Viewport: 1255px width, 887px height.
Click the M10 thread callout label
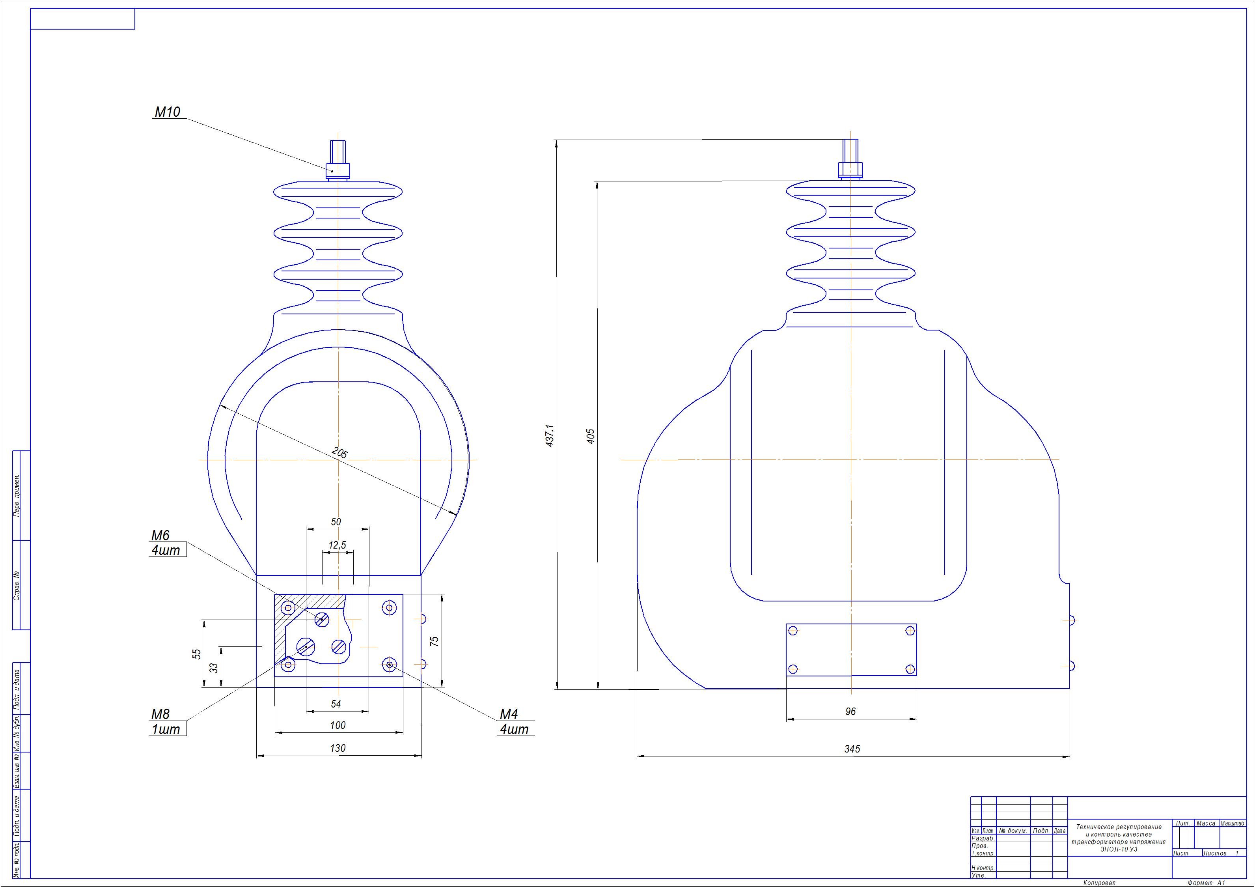pos(167,112)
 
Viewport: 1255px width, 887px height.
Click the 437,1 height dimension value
pos(550,435)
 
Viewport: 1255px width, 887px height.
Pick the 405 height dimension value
pos(590,436)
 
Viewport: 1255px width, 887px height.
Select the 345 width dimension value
pos(852,749)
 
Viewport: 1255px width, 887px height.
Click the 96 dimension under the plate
pos(850,711)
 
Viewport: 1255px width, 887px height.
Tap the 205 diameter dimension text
pos(340,453)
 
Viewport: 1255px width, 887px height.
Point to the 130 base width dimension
pos(338,748)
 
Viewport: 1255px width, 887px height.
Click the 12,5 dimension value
pos(337,545)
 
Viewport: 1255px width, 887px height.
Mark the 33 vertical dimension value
pos(214,668)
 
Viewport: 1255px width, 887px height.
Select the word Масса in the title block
pos(1206,824)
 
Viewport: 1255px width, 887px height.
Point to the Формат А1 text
pos(1207,883)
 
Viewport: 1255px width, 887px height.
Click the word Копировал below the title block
pos(1099,883)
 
